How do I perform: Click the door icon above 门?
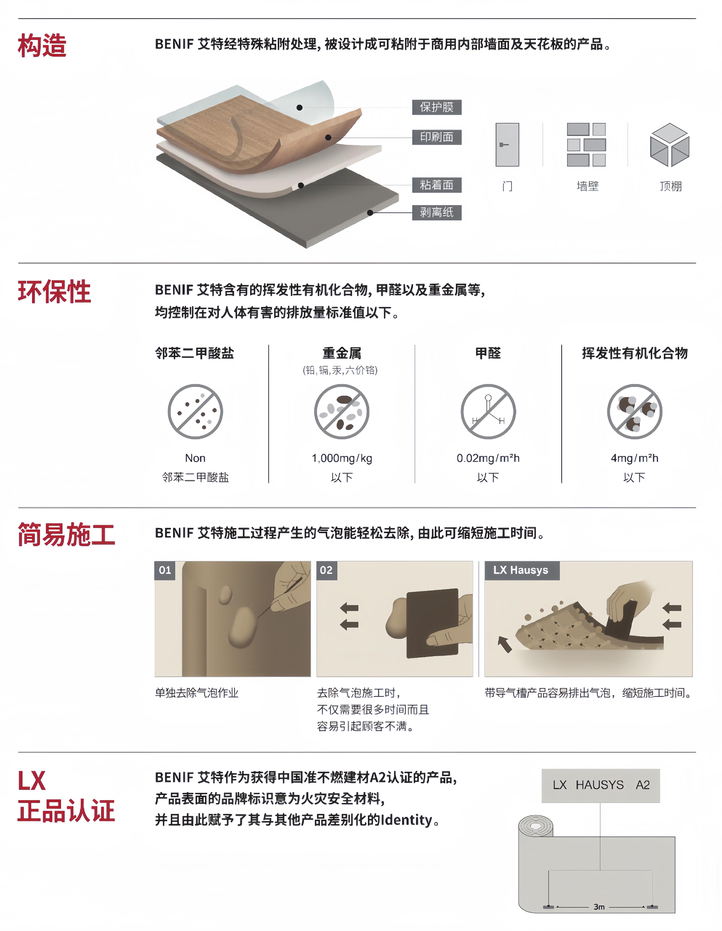[x=507, y=145]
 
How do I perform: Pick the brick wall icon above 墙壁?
[x=586, y=145]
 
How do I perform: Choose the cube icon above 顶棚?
[x=670, y=145]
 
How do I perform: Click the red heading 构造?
[x=42, y=46]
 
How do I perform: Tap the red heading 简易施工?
[x=67, y=535]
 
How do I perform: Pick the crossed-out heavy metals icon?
[x=342, y=411]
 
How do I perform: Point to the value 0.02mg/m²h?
[x=488, y=458]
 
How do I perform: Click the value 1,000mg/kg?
[x=342, y=458]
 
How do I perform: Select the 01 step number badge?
[x=165, y=570]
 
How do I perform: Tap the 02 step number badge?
[x=326, y=570]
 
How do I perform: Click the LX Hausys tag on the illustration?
[x=522, y=570]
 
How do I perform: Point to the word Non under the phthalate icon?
[x=195, y=458]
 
